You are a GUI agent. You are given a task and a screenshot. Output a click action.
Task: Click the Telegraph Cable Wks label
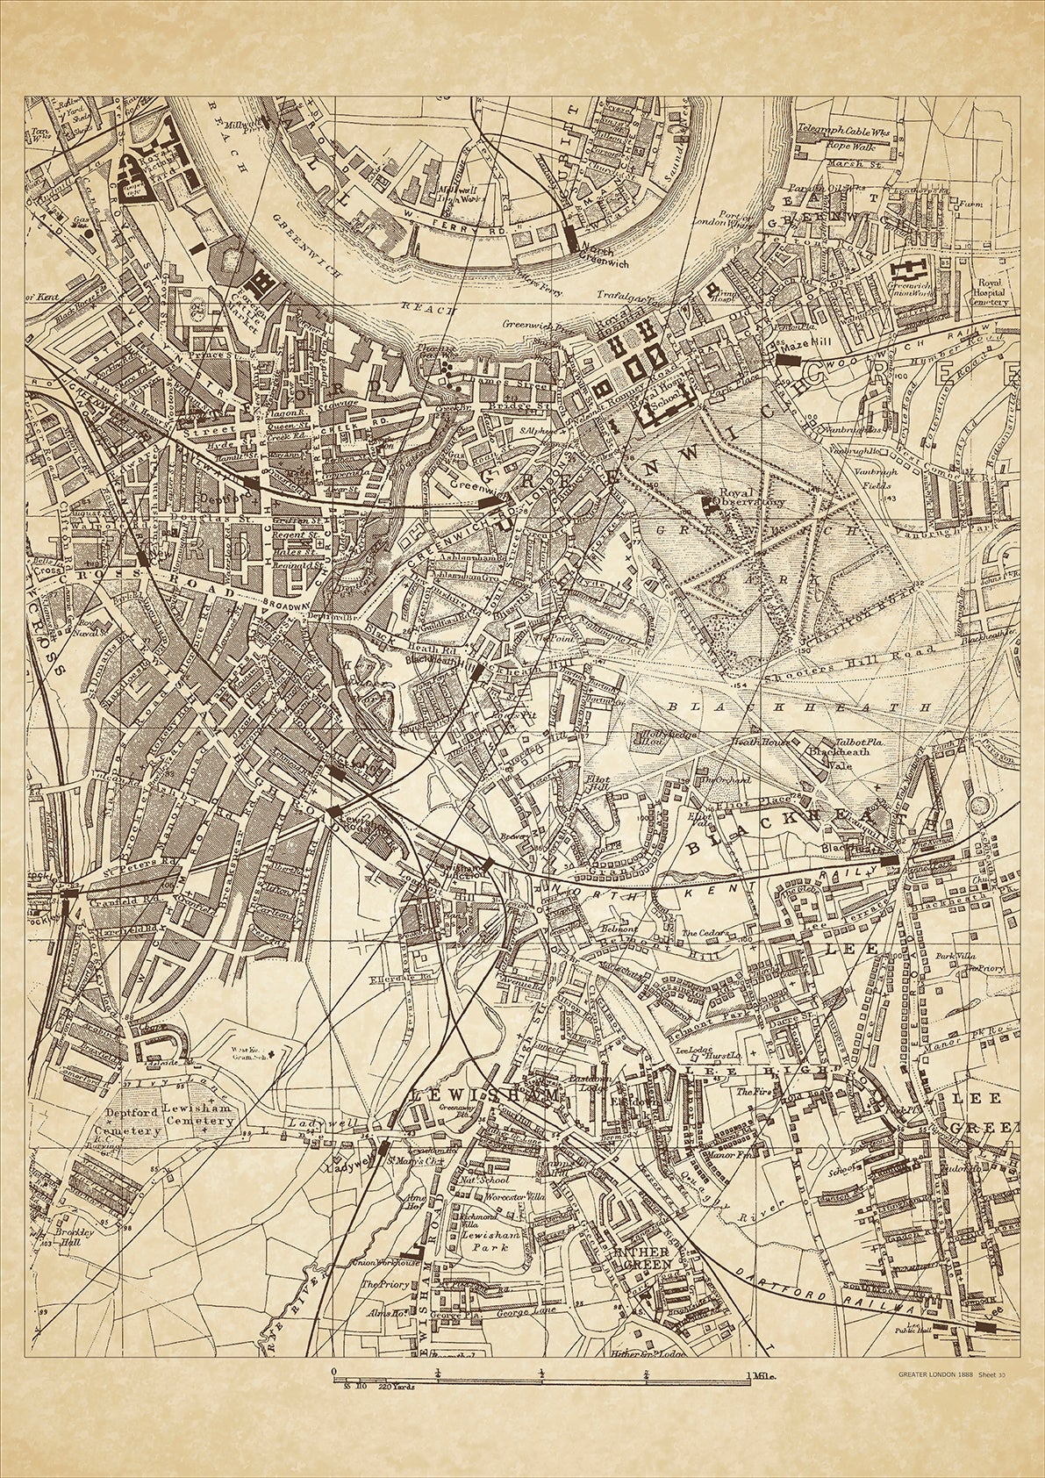point(840,127)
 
